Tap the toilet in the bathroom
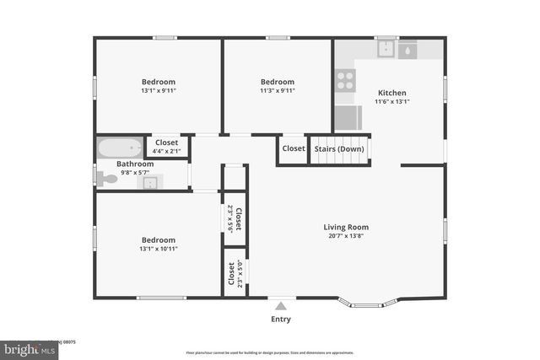pos(106,178)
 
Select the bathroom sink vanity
pos(150,182)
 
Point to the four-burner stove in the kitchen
pos(345,80)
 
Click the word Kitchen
pos(392,93)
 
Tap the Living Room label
pos(346,227)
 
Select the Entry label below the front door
pos(280,319)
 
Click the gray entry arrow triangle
pos(281,305)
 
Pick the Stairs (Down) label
pos(339,148)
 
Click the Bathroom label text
pos(135,164)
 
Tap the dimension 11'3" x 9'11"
pos(277,90)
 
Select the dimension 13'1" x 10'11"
pos(159,248)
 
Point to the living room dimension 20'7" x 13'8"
pos(346,236)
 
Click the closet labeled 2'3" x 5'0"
pos(235,273)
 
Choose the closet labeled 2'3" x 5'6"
pos(235,218)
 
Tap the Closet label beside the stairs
pos(294,148)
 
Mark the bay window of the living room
pos(370,304)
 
